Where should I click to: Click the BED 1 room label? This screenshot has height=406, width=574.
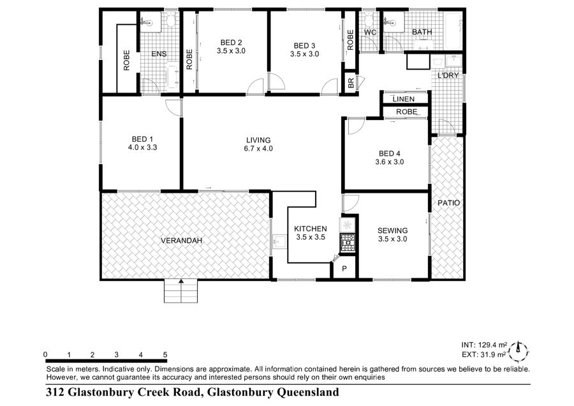tap(142, 143)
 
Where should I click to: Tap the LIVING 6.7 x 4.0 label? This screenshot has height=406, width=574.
tap(258, 144)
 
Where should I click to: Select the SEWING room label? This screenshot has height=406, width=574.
tap(392, 230)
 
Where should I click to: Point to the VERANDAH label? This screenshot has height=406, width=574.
tap(182, 241)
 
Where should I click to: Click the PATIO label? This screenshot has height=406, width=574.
tap(449, 202)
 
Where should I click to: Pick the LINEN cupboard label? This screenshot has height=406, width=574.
tap(404, 99)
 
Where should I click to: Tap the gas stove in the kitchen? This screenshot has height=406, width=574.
tap(348, 243)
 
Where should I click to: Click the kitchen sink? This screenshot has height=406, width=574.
tap(280, 242)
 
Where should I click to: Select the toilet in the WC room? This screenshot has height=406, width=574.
tap(369, 19)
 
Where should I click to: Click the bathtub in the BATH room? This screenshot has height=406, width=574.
tap(453, 31)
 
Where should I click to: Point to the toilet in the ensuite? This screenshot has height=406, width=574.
tap(170, 20)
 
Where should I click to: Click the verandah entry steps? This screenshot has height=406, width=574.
tap(181, 291)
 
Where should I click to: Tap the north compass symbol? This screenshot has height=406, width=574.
tap(519, 351)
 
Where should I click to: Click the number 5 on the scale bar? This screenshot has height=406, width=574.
tap(165, 354)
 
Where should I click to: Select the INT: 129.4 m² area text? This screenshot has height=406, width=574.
tap(484, 345)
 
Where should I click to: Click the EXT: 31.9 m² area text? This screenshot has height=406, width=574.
tap(483, 354)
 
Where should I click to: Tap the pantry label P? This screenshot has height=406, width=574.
tap(344, 269)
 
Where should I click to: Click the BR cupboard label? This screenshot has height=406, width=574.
tap(351, 83)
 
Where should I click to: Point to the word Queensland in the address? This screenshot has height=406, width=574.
tap(308, 393)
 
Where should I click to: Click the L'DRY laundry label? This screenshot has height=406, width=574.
tap(448, 75)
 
